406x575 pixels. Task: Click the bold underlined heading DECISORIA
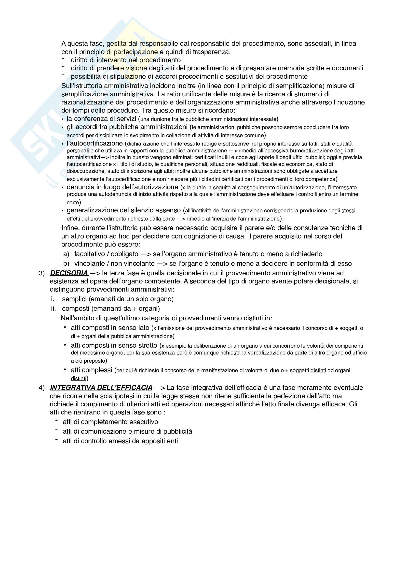(69, 273)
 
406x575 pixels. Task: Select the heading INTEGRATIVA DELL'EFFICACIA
(101, 388)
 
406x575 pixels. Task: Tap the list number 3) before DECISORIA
(41, 273)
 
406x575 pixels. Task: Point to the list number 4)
(41, 388)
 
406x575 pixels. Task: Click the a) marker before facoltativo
(66, 254)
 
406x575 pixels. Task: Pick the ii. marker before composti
(54, 309)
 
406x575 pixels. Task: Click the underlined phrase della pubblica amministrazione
(135, 336)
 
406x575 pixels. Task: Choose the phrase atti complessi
(91, 370)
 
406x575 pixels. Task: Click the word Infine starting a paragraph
(69, 228)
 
